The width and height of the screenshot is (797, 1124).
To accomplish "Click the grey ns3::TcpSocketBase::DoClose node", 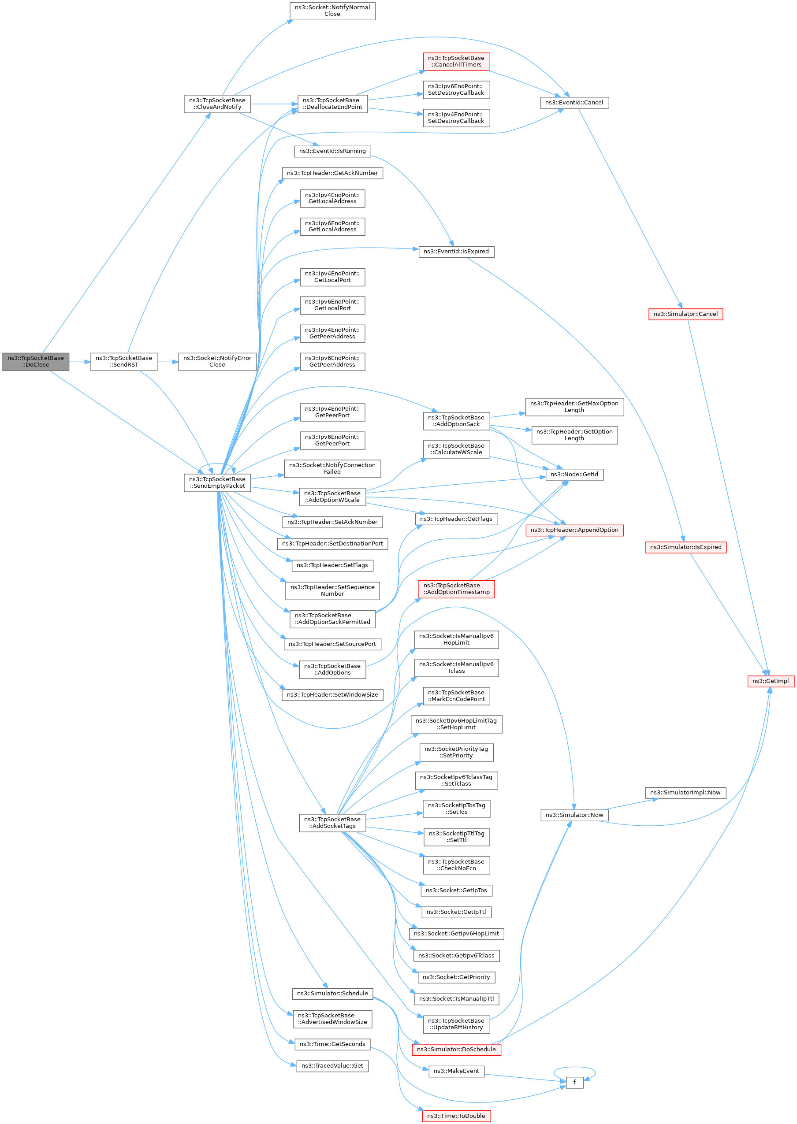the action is point(35,361).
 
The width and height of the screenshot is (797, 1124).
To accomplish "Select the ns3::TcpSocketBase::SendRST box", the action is point(124,361).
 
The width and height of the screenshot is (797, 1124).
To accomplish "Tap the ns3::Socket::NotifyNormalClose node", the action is point(332,11).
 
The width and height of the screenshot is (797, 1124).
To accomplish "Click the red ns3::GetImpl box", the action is point(771,681).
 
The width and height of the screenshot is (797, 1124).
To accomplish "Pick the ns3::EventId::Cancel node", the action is point(574,103).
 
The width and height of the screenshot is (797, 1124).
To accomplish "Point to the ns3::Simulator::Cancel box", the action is point(685,314).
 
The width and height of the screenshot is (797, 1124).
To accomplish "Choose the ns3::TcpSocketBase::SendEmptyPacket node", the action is point(217,482).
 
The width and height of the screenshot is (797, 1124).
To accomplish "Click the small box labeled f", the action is point(574,1082).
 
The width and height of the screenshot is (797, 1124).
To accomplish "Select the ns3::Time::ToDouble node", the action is point(456,1116).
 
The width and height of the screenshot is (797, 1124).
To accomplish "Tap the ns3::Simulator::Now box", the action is point(574,815).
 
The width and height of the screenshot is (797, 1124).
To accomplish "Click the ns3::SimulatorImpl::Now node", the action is point(685,793).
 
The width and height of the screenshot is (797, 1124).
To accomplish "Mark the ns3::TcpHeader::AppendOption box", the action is point(574,530).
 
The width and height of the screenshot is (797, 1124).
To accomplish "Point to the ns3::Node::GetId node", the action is point(574,474).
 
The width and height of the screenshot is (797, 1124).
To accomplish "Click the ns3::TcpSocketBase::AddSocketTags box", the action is point(332,823).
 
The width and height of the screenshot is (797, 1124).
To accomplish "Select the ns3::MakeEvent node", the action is point(456,1071).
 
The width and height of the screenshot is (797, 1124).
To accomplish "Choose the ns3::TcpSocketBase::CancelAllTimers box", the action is point(456,61).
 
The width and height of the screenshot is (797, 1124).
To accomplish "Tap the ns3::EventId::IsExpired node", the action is point(456,252).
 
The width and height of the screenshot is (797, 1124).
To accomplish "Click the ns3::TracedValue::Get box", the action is point(332,1066).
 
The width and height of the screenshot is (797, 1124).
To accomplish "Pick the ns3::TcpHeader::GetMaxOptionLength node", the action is point(574,407).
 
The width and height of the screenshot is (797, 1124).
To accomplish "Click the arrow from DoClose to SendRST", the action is point(79,362).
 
